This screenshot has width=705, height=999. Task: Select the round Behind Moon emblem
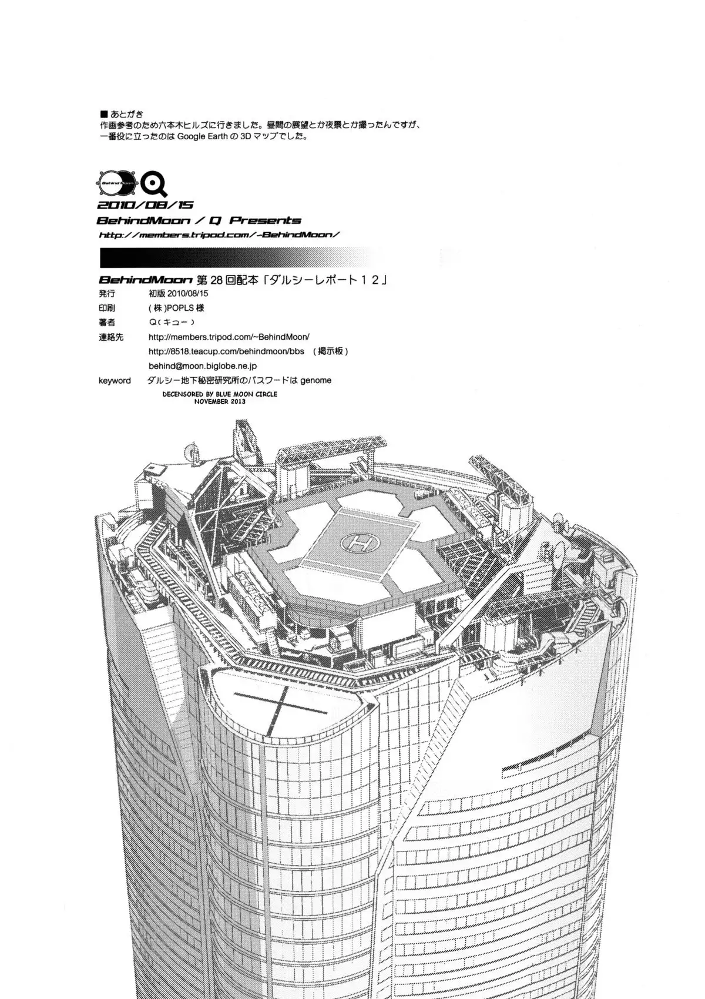(117, 183)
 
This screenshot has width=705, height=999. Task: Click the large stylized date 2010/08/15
(145, 205)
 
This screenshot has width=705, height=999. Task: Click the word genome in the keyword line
(315, 380)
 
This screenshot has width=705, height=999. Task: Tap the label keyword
(115, 380)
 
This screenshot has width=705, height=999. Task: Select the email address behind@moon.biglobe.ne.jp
(203, 366)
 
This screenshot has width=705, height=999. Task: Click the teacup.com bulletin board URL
(226, 351)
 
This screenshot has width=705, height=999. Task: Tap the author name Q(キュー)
(172, 322)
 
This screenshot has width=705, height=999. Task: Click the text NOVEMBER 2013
(220, 401)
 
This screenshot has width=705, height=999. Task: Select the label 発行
(106, 293)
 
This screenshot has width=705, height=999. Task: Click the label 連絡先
(111, 337)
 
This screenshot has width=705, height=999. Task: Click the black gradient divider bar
(241, 257)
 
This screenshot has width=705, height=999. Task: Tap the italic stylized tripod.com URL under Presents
(219, 235)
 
